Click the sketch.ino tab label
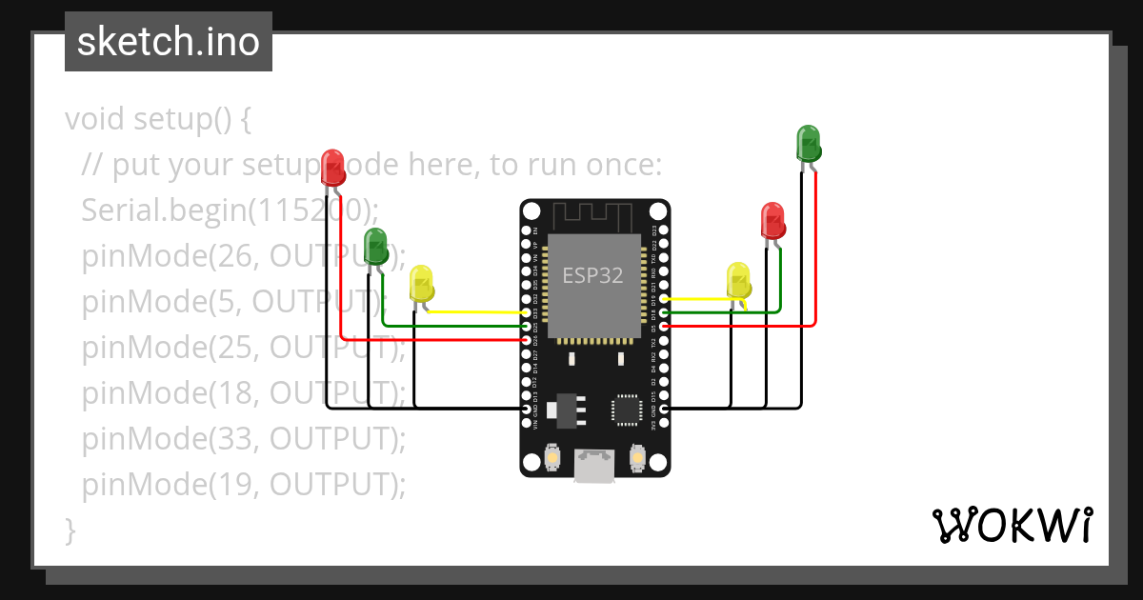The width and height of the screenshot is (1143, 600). pos(169,42)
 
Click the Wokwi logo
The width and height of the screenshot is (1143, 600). pos(1011,525)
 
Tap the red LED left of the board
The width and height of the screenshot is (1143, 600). pos(332,166)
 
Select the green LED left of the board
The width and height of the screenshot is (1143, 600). pos(375,246)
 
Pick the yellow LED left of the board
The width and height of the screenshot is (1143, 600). pos(421,284)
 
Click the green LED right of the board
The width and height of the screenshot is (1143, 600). pos(808,143)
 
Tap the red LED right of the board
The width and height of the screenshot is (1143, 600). pos(772,220)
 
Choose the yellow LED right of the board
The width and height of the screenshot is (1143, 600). pos(738,280)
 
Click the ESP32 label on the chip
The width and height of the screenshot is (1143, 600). pos(592,276)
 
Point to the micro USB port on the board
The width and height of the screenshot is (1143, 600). pos(594,468)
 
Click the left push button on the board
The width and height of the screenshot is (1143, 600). pos(552,460)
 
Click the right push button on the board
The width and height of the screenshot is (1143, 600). pos(637,460)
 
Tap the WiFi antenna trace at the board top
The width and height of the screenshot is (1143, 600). pos(594,214)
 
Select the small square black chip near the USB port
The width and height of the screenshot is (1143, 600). pos(627,410)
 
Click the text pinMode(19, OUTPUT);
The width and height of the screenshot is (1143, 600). pos(244,485)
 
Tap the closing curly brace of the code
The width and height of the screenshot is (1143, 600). pos(70,530)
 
